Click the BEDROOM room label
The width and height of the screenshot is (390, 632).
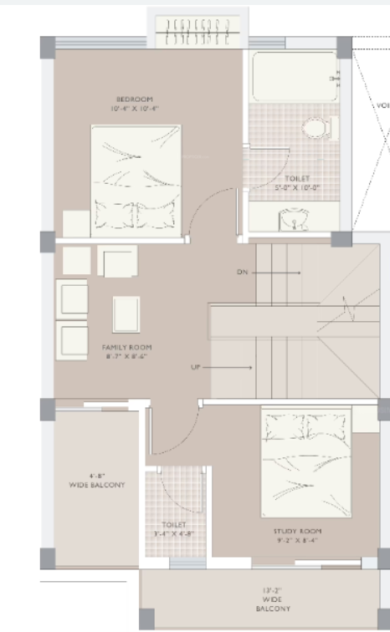(x=134, y=99)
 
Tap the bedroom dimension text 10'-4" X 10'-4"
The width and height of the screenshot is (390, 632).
(x=134, y=109)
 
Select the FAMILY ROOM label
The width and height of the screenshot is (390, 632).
(x=127, y=347)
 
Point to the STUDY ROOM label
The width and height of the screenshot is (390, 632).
(x=297, y=531)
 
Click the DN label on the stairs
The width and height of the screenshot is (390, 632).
(x=244, y=273)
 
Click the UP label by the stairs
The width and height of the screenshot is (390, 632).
(x=196, y=367)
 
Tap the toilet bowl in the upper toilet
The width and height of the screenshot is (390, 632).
(x=316, y=128)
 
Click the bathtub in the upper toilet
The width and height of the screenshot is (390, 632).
(x=293, y=78)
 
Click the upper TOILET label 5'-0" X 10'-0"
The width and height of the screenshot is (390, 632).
(x=295, y=183)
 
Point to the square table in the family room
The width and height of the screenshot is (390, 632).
(x=127, y=314)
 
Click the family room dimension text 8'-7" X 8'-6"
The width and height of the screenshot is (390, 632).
(x=127, y=357)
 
